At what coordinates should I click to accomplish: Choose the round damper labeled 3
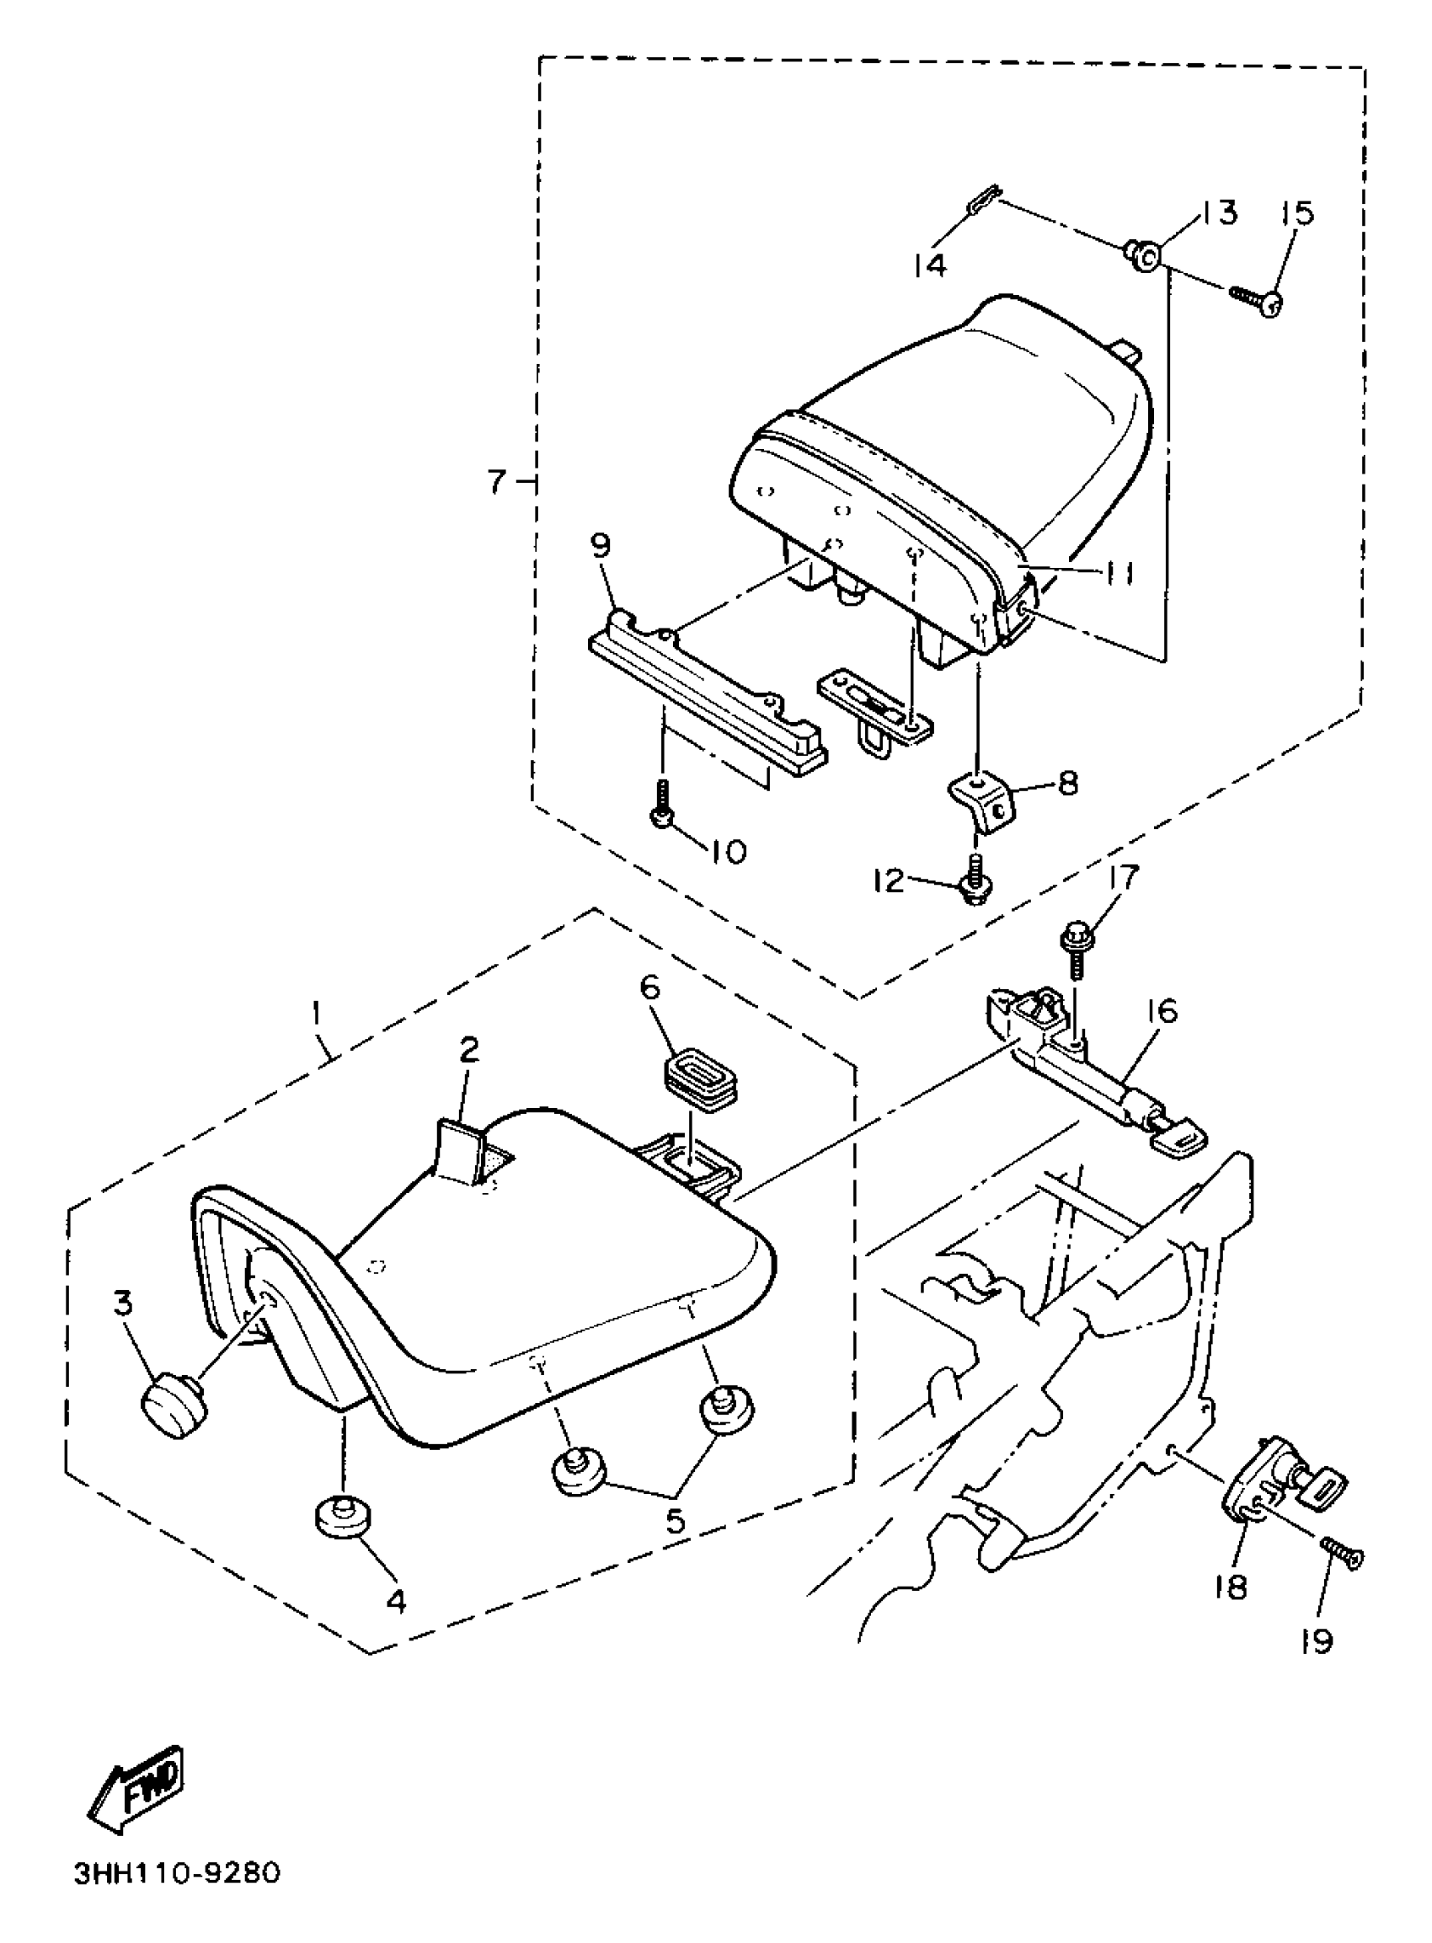pos(174,1410)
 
